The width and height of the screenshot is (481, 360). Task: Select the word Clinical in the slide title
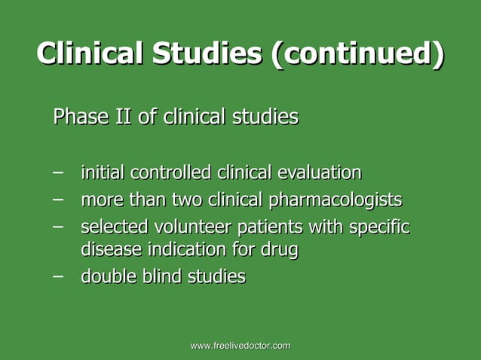90,54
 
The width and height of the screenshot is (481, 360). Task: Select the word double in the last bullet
107,276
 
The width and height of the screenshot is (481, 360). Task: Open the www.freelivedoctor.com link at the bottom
240,345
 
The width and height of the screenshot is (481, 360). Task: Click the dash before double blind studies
57,275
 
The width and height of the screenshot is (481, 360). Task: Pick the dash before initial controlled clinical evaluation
57,172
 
